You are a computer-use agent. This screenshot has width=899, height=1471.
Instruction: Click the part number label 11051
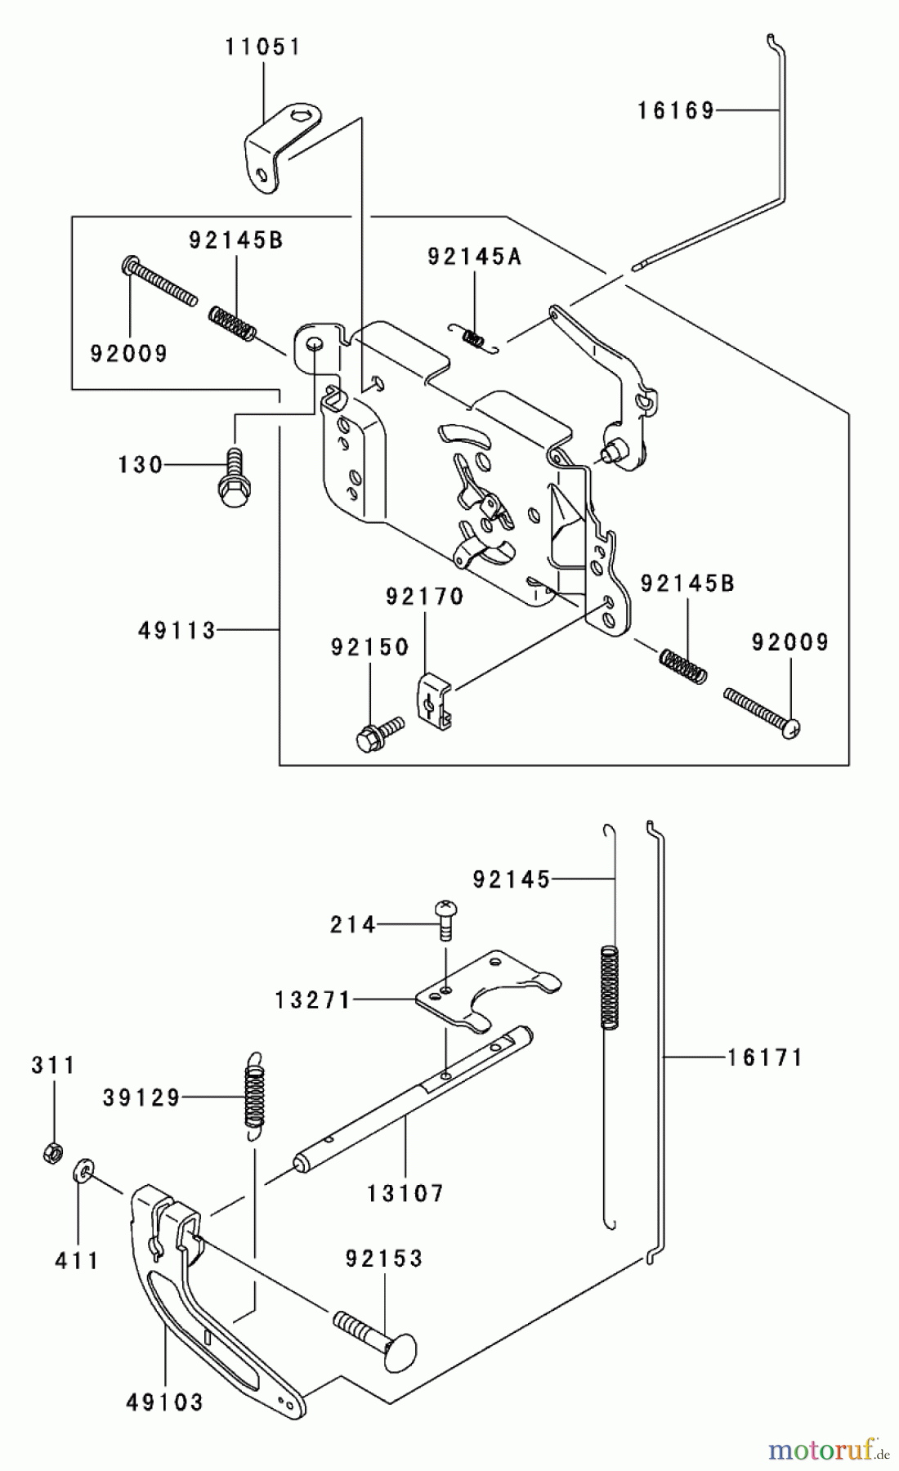coord(263,47)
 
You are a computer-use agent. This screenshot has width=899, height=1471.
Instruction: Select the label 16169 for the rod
coord(676,110)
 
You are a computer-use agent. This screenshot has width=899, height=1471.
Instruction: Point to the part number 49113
coord(177,630)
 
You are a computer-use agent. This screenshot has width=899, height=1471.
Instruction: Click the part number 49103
coord(164,1402)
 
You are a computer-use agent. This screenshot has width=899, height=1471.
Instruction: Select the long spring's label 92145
coord(511,879)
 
